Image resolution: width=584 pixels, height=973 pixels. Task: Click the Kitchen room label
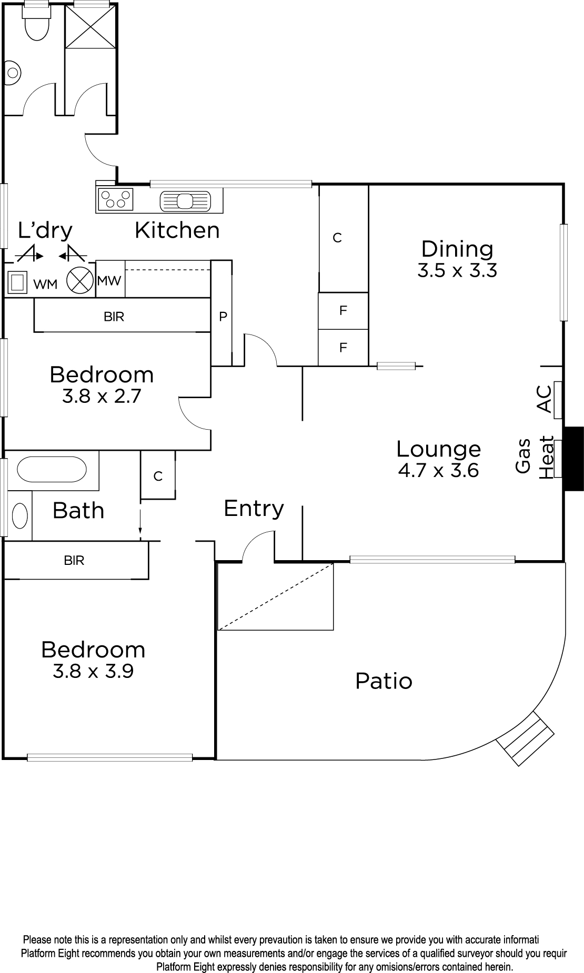pos(177,230)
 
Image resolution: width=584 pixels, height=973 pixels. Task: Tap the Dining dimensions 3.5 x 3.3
pos(457,270)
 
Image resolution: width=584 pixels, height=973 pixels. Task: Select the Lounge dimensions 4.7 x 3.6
pos(438,470)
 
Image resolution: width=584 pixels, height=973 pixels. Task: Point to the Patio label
pos(384,681)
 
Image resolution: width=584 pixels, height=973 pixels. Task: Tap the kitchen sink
pos(185,201)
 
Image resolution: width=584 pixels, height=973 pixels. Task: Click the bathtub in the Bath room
pos(52,469)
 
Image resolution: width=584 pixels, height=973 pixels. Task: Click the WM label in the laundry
pos(45,285)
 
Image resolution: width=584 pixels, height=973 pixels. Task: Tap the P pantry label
pos(223,317)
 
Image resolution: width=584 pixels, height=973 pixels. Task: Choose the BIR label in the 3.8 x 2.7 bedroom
pos(114,317)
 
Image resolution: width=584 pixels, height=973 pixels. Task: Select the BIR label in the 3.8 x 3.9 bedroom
pos(74,561)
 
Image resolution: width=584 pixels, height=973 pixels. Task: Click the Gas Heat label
pos(534,457)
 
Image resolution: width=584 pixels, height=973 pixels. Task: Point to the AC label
pos(545,399)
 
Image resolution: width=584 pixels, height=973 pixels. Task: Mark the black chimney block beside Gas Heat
pos(573,459)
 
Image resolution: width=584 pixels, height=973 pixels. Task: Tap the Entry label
pos(254,509)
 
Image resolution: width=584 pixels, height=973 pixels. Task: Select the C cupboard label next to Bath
pos(158,477)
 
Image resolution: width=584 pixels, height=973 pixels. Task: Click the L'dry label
pos(45,230)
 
